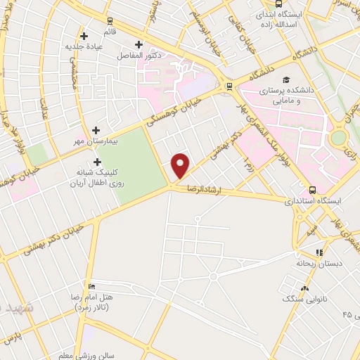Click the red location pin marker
181,165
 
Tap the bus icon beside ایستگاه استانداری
312,189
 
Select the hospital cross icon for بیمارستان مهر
96,130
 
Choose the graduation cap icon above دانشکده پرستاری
285,79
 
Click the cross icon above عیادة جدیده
84,35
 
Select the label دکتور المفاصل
157,55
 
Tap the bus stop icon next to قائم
110,21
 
